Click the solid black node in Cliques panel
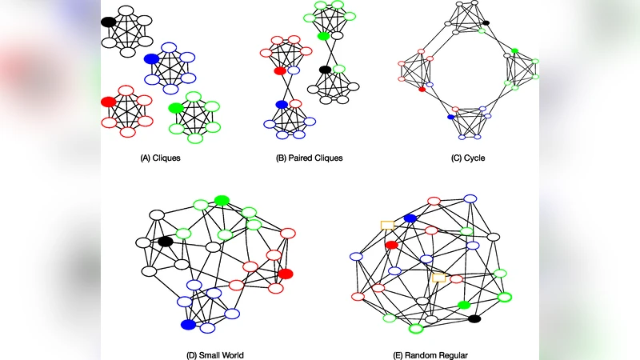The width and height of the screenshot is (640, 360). [x=109, y=22]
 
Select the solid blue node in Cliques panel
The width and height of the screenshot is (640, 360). [x=151, y=58]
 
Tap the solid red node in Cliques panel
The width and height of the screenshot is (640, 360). [x=108, y=102]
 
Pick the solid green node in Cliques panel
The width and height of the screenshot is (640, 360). [x=175, y=107]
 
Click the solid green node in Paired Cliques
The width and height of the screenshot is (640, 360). [x=323, y=36]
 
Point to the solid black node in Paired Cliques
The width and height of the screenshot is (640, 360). [x=325, y=70]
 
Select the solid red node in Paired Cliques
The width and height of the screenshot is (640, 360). [x=280, y=71]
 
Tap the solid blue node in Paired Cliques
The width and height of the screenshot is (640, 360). [x=281, y=104]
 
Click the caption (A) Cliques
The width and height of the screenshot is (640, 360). [x=160, y=158]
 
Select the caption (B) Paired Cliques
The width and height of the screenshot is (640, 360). [x=309, y=158]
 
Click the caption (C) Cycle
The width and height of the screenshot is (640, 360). [x=468, y=158]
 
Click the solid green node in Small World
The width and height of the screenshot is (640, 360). [x=222, y=200]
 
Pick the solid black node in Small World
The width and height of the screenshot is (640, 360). [x=166, y=241]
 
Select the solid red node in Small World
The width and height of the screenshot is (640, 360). [x=286, y=274]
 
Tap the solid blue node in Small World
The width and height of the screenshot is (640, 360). [x=188, y=324]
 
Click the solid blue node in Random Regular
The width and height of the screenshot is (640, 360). [x=410, y=218]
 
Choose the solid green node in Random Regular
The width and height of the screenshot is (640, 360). [x=463, y=305]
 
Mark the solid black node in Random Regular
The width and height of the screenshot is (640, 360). [x=474, y=319]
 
